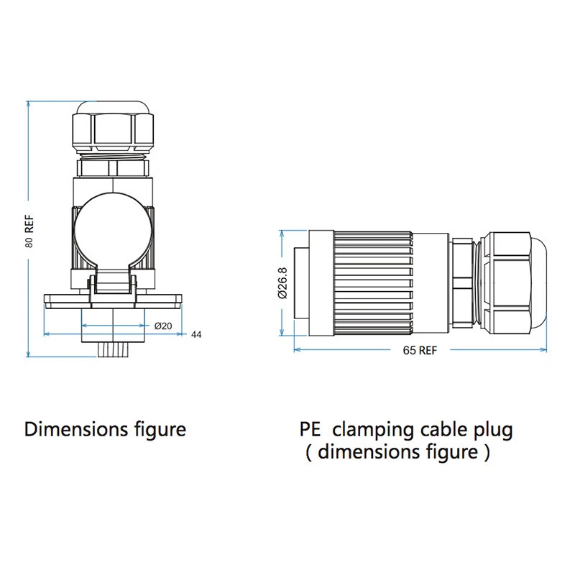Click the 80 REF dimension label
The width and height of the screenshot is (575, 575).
(29, 231)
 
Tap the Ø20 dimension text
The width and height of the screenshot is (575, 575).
(163, 326)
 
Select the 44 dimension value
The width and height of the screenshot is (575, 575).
(195, 335)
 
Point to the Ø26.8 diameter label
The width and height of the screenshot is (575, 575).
(282, 282)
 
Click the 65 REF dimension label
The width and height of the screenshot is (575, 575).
(420, 351)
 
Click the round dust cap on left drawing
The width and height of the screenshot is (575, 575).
(113, 230)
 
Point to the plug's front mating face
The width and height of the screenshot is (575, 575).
(304, 283)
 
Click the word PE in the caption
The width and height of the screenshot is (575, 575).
(310, 430)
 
